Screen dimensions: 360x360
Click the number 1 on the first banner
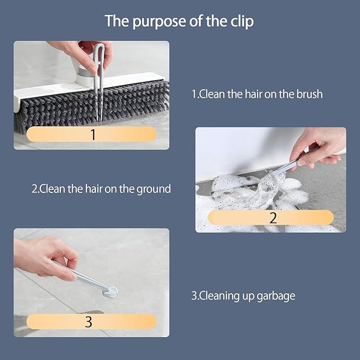coord(93,134)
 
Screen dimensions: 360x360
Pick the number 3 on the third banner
coord(89,321)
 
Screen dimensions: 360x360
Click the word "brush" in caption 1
coord(308,94)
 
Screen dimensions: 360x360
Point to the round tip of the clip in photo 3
coord(110,291)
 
